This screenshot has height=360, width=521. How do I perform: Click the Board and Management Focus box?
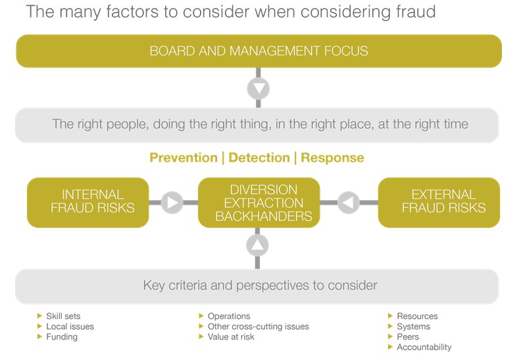[259, 51]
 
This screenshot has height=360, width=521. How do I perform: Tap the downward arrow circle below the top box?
[258, 88]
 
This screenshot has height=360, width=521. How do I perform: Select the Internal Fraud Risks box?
[88, 202]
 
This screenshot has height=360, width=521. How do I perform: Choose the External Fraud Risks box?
[439, 202]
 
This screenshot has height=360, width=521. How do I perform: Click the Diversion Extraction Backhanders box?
[259, 203]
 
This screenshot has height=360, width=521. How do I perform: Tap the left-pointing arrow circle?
[349, 203]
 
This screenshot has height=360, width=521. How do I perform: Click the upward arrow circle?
[258, 246]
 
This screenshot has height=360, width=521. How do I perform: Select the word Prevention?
[183, 158]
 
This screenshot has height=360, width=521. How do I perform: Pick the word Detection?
[259, 158]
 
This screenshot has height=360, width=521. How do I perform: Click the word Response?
[332, 158]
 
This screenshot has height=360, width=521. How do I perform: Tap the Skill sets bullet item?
[63, 316]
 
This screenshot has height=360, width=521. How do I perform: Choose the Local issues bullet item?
[70, 326]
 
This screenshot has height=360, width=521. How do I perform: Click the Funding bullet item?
[62, 337]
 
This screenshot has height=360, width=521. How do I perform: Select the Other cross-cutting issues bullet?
[258, 326]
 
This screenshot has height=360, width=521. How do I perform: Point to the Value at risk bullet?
[231, 337]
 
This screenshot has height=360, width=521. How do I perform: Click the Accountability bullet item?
[424, 347]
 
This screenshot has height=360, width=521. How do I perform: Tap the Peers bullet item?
[408, 337]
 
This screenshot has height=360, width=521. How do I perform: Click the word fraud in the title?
[414, 13]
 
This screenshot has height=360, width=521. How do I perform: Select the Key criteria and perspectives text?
[260, 286]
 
